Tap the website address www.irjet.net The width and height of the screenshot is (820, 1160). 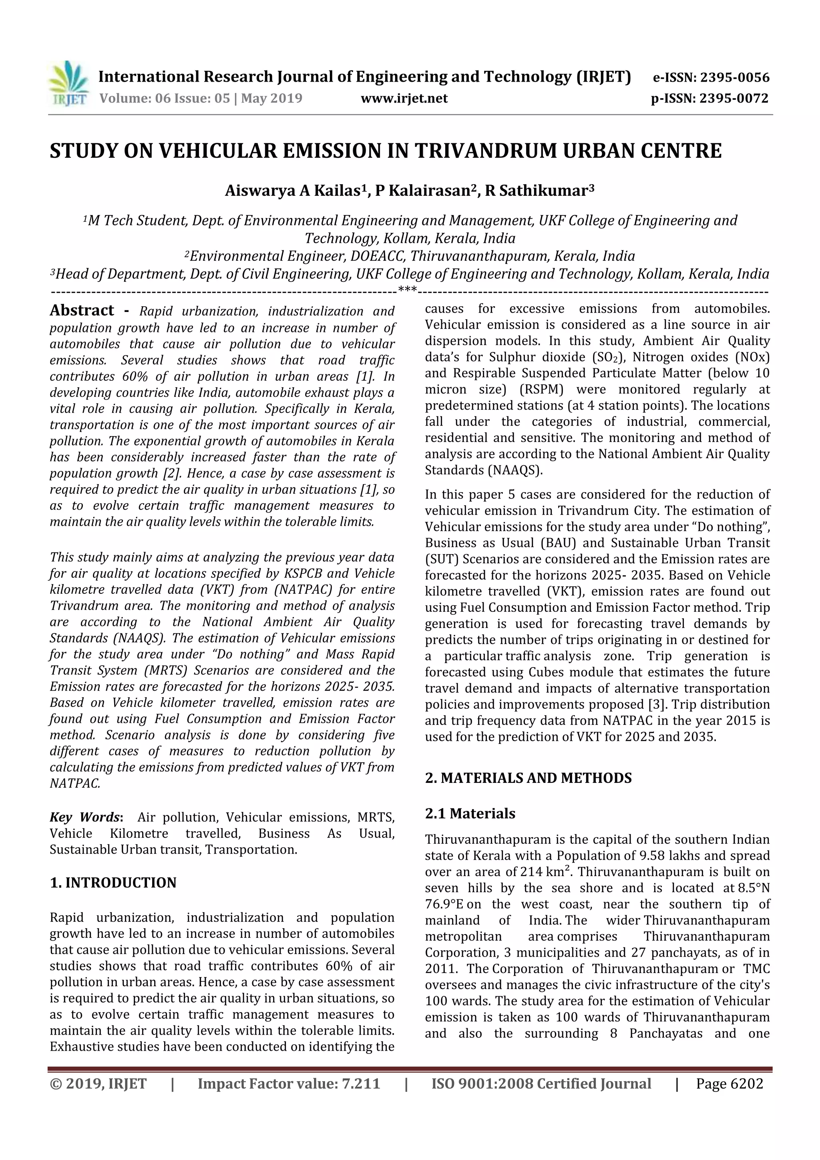(x=404, y=99)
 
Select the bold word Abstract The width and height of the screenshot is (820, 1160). (x=82, y=310)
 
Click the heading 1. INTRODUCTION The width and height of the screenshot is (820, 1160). (x=113, y=883)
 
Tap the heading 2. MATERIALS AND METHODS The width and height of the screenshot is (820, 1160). (x=528, y=778)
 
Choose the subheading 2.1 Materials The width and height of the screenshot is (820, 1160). (x=470, y=813)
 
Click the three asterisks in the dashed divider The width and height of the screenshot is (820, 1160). (x=407, y=289)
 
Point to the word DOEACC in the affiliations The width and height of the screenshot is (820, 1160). (x=378, y=256)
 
